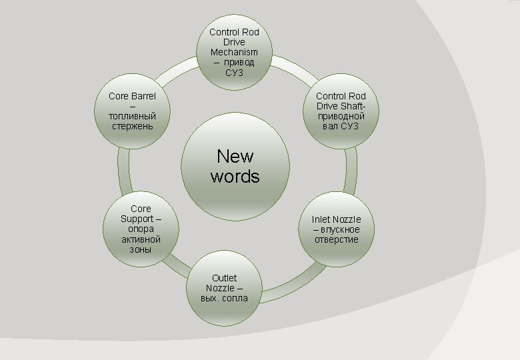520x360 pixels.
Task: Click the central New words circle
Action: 235,166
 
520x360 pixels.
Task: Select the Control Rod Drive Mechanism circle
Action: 234,53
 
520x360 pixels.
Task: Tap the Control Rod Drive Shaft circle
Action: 341,112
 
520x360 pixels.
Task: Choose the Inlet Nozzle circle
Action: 336,229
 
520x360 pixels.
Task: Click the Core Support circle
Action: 141,229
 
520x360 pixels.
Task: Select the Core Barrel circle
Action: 132,112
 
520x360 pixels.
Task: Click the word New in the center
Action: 235,156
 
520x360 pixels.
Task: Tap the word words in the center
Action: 235,176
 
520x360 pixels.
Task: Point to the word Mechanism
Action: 234,52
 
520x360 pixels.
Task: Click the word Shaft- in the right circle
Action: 352,106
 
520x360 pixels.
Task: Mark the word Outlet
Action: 225,278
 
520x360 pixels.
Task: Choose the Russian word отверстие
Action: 337,239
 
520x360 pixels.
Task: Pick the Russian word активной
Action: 141,239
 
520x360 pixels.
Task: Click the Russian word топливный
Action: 132,116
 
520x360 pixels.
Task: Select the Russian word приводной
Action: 341,116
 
